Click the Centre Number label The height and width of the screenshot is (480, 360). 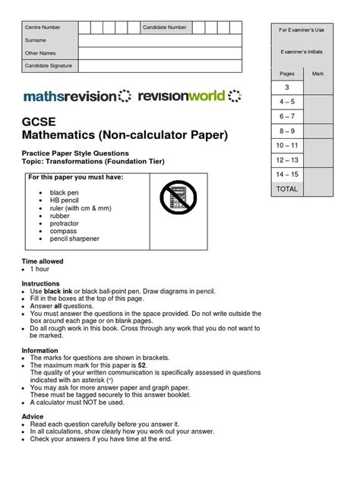(x=42, y=27)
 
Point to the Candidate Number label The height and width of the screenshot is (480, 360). (x=165, y=27)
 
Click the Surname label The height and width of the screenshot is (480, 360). (x=35, y=40)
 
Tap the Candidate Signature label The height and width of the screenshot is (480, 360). (x=48, y=66)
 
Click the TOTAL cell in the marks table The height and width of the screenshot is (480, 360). (x=287, y=188)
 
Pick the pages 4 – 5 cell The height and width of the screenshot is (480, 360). (x=287, y=101)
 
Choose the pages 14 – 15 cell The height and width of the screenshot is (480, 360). (x=287, y=174)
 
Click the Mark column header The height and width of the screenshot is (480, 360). (x=318, y=73)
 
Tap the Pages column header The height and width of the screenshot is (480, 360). (x=287, y=73)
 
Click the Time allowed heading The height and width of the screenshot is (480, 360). (x=42, y=261)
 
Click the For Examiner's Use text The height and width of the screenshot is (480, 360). (x=302, y=30)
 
